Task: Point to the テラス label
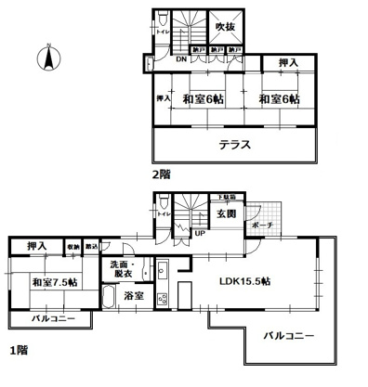(235, 146)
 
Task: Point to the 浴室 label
(134, 297)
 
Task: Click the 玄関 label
(227, 214)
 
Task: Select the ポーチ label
(261, 224)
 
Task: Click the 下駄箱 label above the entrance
(227, 198)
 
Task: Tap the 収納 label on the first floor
(72, 246)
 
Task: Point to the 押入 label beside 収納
(37, 246)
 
